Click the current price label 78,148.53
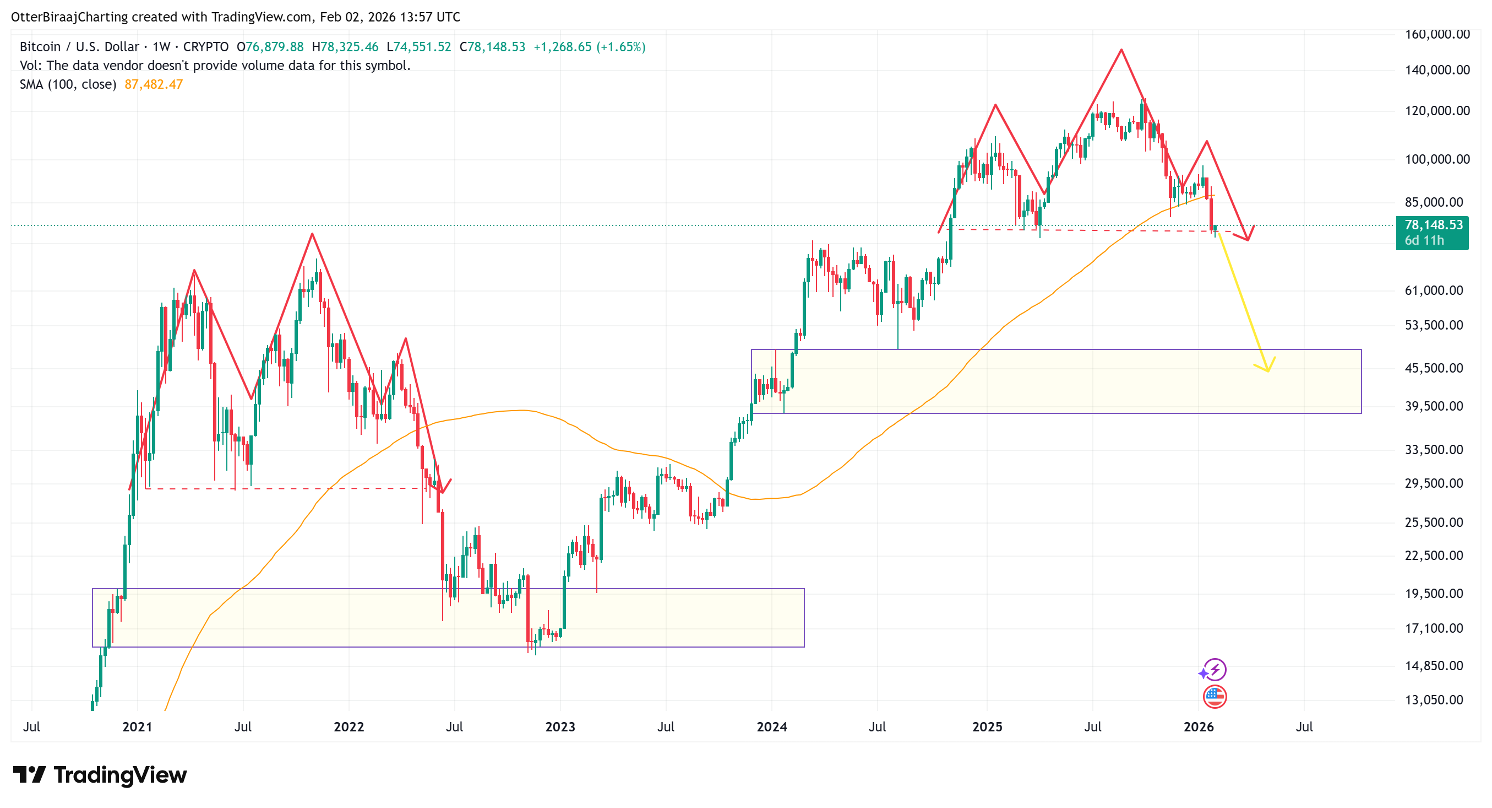point(1433,225)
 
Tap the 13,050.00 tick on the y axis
point(1434,699)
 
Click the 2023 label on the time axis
point(560,727)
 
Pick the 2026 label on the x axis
point(1199,727)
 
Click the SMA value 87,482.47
point(154,85)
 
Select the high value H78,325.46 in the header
point(345,47)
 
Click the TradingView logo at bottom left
point(100,775)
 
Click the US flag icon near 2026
point(1214,697)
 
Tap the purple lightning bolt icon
point(1215,670)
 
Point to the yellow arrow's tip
point(1267,371)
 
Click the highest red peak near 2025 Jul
point(1121,50)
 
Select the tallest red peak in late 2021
point(312,234)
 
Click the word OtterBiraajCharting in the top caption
point(69,17)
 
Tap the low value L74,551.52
point(419,47)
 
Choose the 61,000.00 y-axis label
point(1434,290)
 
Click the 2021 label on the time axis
point(137,727)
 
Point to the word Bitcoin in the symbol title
point(40,47)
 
